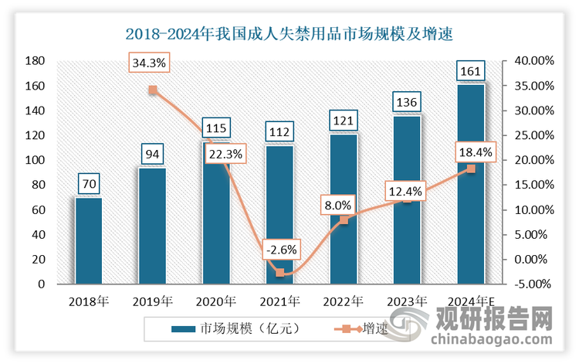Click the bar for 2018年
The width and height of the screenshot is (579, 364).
point(89,240)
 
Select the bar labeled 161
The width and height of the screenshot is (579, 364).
point(471,184)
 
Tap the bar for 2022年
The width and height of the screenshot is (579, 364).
point(344,209)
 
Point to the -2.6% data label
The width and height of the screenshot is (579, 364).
point(279,250)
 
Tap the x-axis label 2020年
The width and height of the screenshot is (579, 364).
point(216,301)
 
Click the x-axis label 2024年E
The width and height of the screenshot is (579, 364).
point(471,301)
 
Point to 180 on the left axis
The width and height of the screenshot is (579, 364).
point(34,61)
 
